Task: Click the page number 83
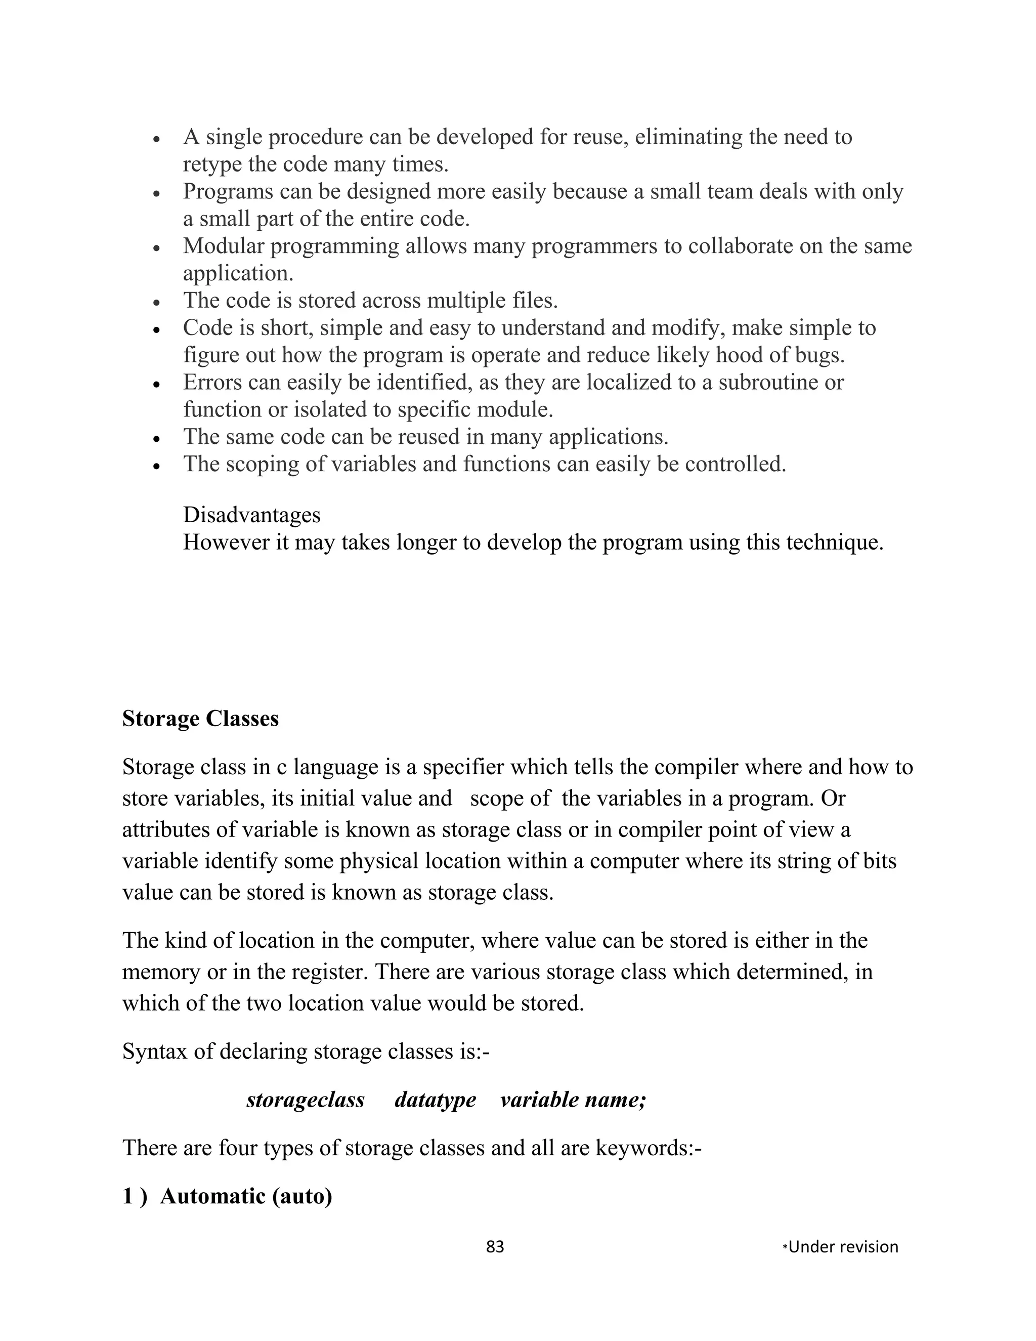495,1246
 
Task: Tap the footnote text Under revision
842,1246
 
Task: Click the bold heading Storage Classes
200,719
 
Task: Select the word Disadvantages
251,515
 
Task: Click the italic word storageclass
305,1099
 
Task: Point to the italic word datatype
435,1099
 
